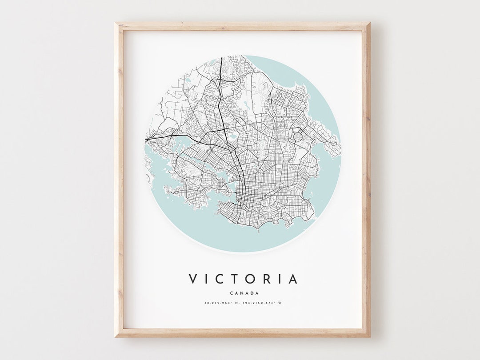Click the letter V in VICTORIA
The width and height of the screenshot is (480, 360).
[x=193, y=279]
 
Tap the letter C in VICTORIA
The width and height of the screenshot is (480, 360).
[x=221, y=279]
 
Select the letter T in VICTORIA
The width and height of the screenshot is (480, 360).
[x=236, y=279]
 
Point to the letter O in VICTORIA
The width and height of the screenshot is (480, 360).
[x=251, y=279]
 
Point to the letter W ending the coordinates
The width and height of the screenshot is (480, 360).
[x=280, y=303]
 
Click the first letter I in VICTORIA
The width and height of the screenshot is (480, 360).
[x=208, y=279]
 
